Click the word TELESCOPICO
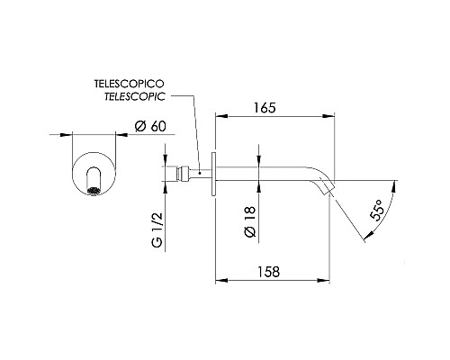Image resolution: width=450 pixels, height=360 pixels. point(130,84)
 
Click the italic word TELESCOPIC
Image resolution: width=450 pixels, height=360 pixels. point(135,96)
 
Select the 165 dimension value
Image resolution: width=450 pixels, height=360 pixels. point(265,108)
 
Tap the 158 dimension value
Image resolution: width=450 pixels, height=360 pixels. point(268,272)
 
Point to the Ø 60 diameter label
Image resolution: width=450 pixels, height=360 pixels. point(150,126)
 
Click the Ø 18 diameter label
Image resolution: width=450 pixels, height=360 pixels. point(250,221)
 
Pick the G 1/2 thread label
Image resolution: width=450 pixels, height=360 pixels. point(157,230)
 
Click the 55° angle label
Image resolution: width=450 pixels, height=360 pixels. point(377,211)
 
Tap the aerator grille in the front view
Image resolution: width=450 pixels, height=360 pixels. point(94,191)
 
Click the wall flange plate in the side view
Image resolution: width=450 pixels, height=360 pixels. point(213,174)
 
